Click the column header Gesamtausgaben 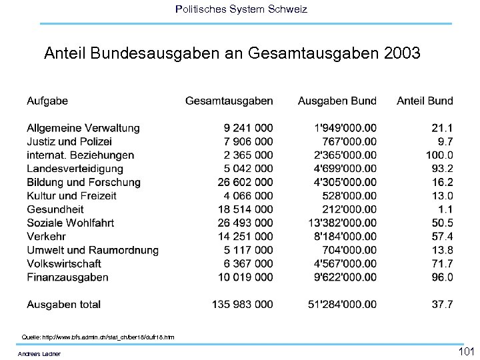(229, 101)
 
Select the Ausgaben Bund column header (337, 101)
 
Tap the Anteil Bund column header (425, 101)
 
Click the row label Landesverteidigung (71, 169)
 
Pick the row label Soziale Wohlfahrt (70, 223)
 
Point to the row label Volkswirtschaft (64, 263)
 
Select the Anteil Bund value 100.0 (439, 155)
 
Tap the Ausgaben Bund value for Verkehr (343, 237)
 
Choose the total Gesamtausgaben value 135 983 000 (242, 305)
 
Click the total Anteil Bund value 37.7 (442, 305)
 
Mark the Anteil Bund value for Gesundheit (445, 209)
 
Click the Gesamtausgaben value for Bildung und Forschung (245, 182)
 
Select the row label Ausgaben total (63, 305)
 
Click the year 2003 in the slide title (403, 53)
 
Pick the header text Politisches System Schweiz (241, 9)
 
